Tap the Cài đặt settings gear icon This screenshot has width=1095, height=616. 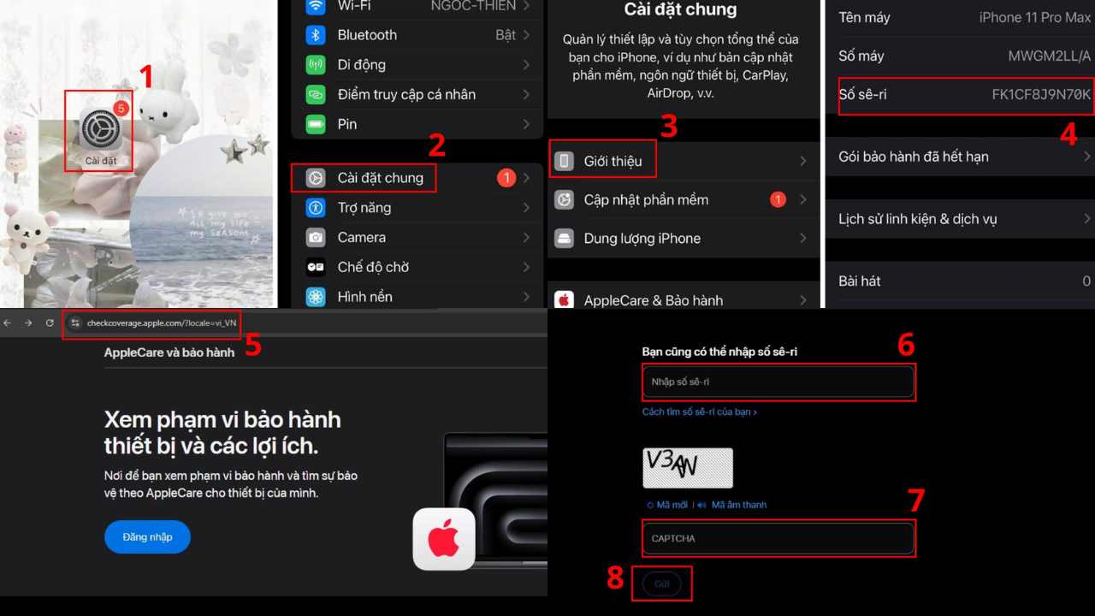tap(100, 131)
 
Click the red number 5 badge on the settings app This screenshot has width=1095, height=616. tap(121, 109)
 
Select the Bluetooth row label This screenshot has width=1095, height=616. tap(367, 35)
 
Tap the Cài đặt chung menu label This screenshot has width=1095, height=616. tap(380, 178)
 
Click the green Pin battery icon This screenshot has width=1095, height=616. tap(316, 124)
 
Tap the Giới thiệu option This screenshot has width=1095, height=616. tap(613, 161)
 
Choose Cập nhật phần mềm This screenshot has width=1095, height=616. tap(646, 199)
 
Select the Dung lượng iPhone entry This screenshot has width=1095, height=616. tap(642, 238)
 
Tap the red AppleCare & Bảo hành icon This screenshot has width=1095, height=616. tap(564, 300)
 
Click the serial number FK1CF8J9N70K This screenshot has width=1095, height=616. tap(1041, 95)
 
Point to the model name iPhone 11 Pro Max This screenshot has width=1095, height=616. tap(1035, 18)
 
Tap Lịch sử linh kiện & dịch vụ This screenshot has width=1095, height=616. tap(917, 219)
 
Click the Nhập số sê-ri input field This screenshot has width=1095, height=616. tap(778, 382)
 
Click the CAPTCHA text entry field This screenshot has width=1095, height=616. tap(778, 538)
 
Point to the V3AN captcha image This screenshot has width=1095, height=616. tap(688, 468)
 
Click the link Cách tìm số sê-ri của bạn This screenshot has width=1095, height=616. tap(699, 412)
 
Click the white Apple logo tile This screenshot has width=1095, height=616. tap(444, 539)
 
